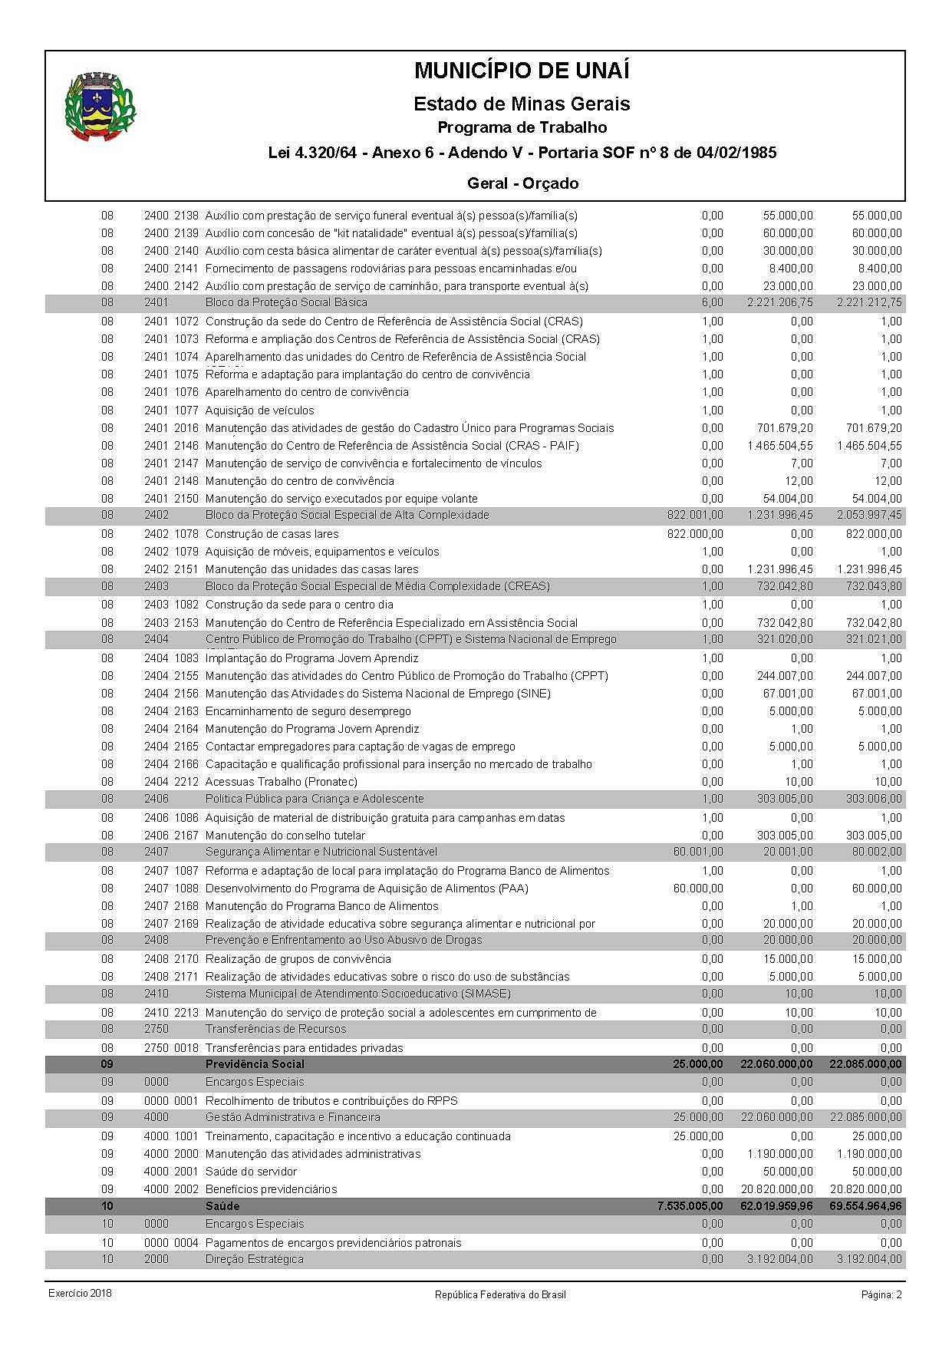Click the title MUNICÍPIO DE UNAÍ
(x=522, y=71)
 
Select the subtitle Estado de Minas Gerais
(x=522, y=104)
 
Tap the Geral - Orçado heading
(x=522, y=183)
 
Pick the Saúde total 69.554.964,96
(x=865, y=1207)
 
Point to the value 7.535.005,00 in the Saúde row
(x=690, y=1207)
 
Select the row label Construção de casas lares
(x=272, y=534)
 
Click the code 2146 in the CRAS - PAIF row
(x=186, y=446)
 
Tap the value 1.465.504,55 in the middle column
(x=780, y=446)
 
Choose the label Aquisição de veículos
(x=259, y=410)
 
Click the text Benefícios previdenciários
(x=271, y=1189)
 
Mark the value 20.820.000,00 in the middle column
(x=776, y=1189)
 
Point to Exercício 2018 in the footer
(x=80, y=1294)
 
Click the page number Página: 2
(x=881, y=1294)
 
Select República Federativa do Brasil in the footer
(x=500, y=1294)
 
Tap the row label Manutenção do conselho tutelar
(x=285, y=836)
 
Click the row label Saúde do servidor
(x=251, y=1172)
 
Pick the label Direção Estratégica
(x=254, y=1259)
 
